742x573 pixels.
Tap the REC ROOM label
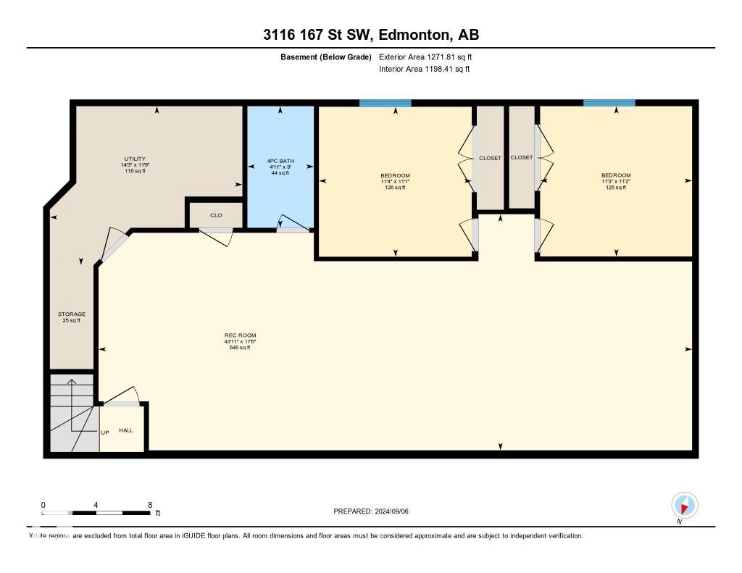coord(240,335)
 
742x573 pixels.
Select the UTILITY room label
coord(135,159)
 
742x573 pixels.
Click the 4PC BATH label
coord(280,161)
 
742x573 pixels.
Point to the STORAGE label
coord(72,314)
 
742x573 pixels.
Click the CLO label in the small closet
coord(216,215)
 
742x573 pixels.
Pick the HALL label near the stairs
coord(126,430)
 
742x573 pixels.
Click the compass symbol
coord(684,505)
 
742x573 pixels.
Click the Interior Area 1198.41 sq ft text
coord(424,69)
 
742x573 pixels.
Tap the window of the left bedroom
coord(385,104)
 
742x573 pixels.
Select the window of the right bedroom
coord(609,104)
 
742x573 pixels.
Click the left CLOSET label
coord(490,157)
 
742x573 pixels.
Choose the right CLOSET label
coord(522,157)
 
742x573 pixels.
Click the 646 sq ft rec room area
coord(240,348)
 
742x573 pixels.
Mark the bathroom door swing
coord(292,222)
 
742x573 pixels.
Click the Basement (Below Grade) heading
coord(326,57)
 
